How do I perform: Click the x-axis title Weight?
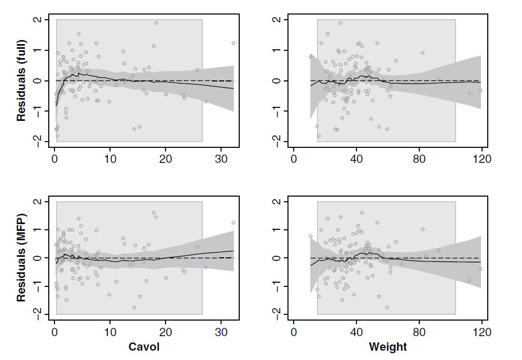(388, 347)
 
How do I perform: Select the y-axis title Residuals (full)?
(21, 82)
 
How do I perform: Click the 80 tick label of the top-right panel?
(419, 158)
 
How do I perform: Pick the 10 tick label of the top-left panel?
(110, 158)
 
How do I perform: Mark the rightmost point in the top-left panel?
(233, 43)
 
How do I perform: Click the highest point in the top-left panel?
(156, 23)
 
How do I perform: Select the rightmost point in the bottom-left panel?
(233, 223)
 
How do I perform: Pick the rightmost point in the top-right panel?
(480, 90)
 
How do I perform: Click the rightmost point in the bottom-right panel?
(480, 269)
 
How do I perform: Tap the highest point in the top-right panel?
(340, 23)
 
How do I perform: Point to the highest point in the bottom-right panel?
(362, 213)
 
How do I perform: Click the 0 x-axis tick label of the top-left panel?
(54, 158)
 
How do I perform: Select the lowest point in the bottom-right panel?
(387, 308)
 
